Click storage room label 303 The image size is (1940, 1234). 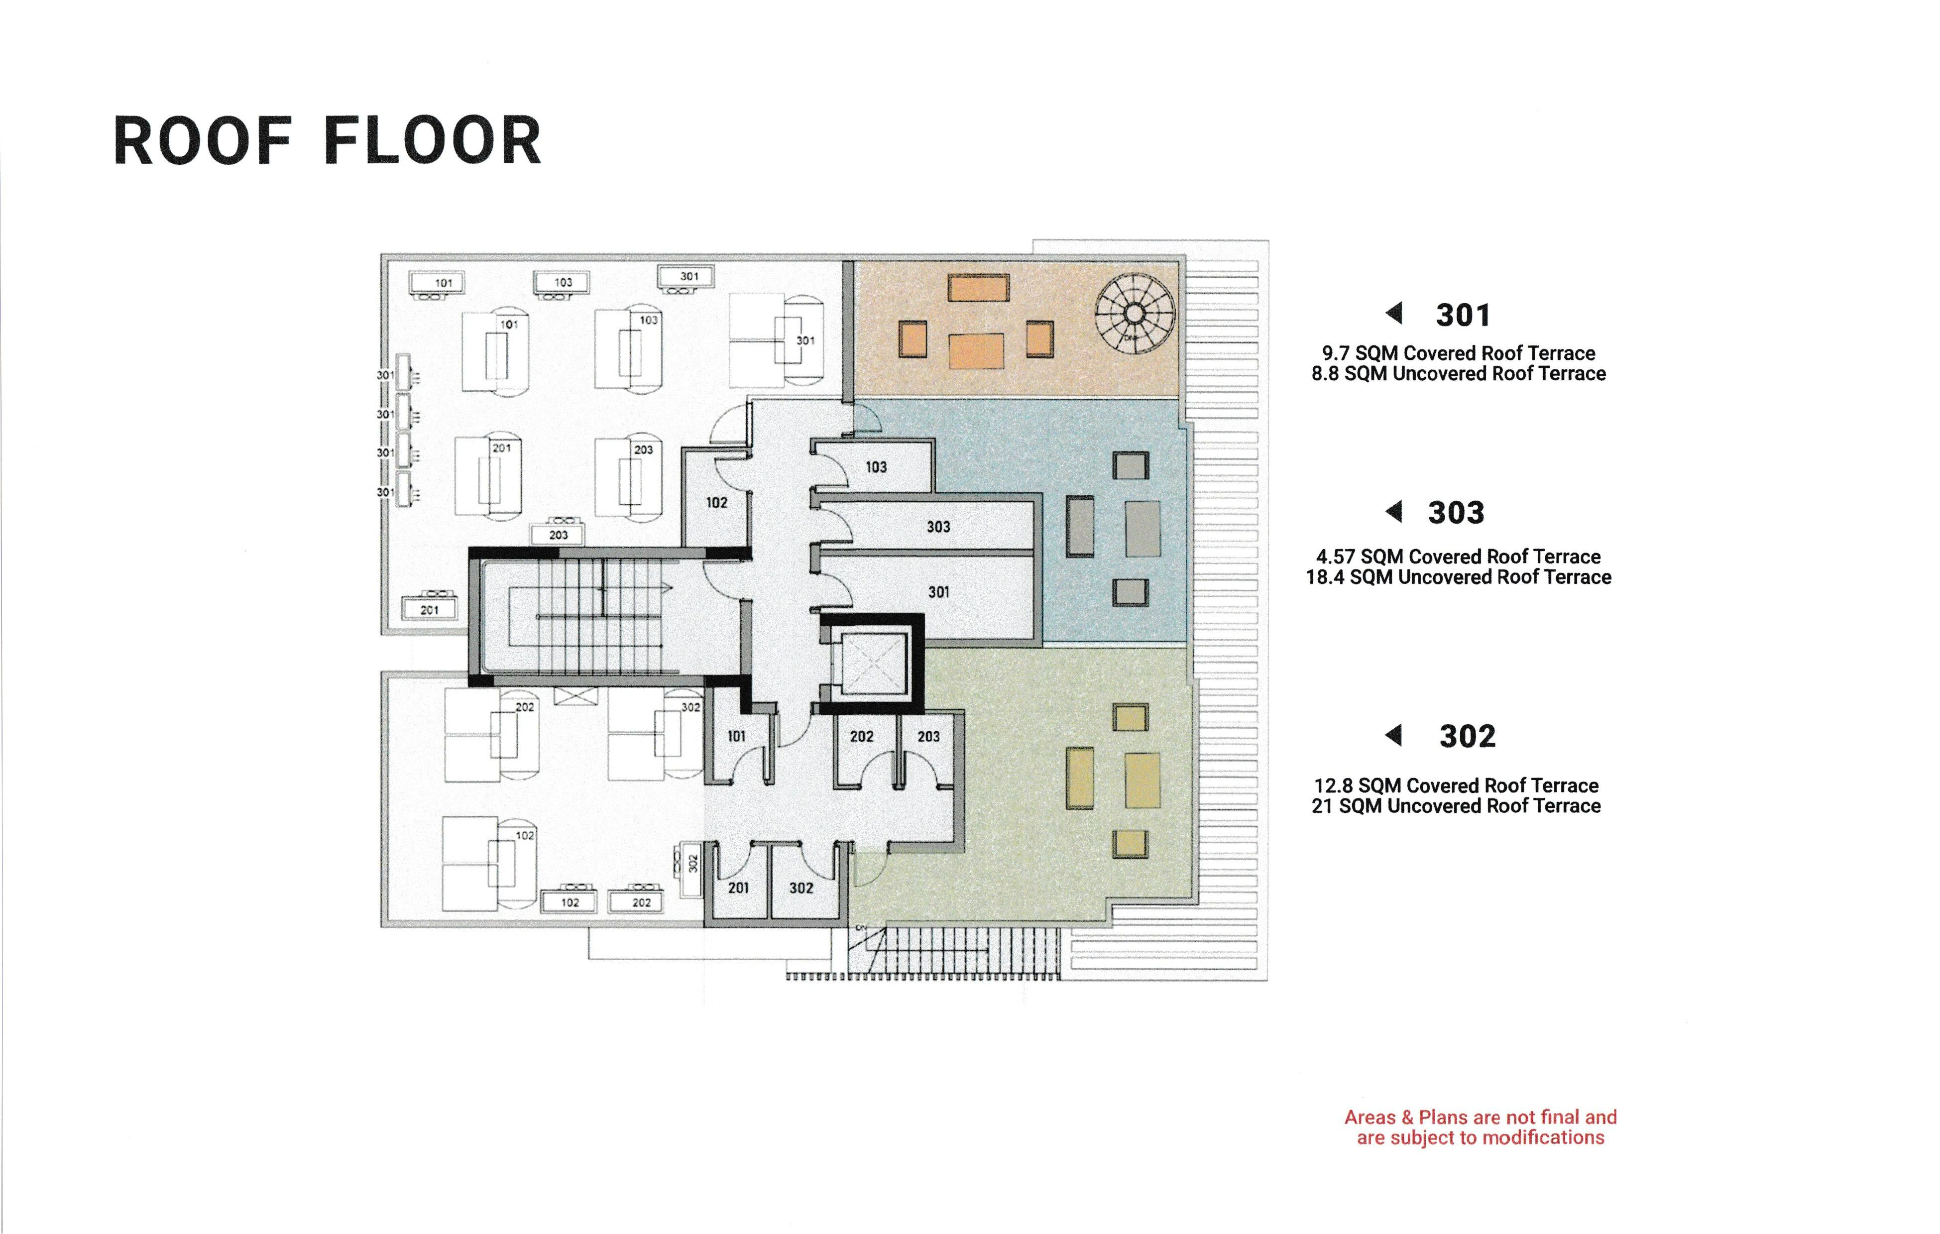[x=938, y=527]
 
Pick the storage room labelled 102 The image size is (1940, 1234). [x=716, y=503]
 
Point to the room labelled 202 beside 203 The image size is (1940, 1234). [x=861, y=736]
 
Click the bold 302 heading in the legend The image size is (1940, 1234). [x=1467, y=736]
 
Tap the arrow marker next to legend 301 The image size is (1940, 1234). [x=1394, y=313]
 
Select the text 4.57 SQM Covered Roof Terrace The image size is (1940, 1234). [x=1458, y=557]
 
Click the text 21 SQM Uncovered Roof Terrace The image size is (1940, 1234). [x=1456, y=806]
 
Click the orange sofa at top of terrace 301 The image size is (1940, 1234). [x=978, y=288]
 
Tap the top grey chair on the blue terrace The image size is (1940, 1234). [x=1131, y=465]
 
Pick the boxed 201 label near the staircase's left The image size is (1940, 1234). [x=430, y=610]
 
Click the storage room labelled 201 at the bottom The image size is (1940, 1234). [x=738, y=888]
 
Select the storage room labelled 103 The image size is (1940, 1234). [x=876, y=467]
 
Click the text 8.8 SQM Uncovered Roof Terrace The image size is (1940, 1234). [x=1458, y=374]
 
